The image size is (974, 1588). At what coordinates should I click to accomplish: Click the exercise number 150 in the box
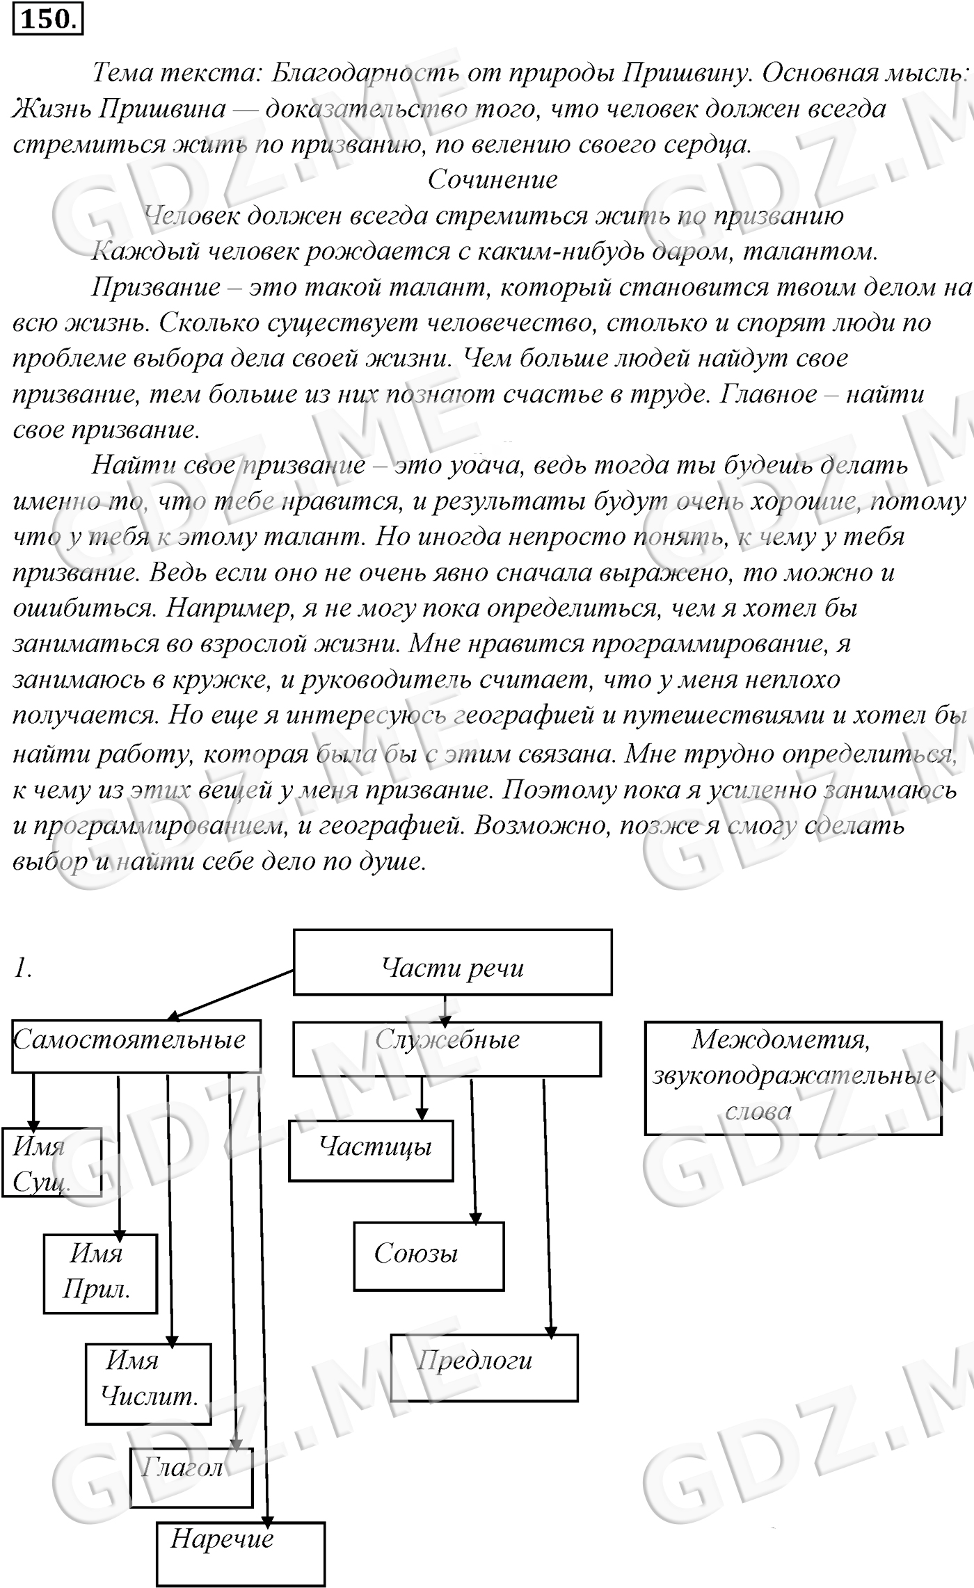click(x=47, y=19)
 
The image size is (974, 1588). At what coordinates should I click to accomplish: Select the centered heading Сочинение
click(x=493, y=180)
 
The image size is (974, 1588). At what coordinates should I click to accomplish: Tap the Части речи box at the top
click(x=452, y=962)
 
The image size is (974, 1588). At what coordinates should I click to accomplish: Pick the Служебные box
click(x=447, y=1048)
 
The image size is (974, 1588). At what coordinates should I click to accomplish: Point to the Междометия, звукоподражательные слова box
click(x=792, y=1078)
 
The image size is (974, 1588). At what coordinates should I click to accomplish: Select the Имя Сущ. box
click(x=51, y=1162)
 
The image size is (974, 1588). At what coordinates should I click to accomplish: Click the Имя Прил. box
click(x=100, y=1273)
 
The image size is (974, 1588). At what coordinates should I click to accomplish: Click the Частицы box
click(x=371, y=1150)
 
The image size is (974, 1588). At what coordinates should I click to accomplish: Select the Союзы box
click(x=429, y=1256)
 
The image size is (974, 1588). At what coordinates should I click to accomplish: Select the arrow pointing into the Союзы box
click(x=474, y=1154)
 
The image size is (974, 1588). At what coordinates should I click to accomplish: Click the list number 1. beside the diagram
click(x=22, y=968)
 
